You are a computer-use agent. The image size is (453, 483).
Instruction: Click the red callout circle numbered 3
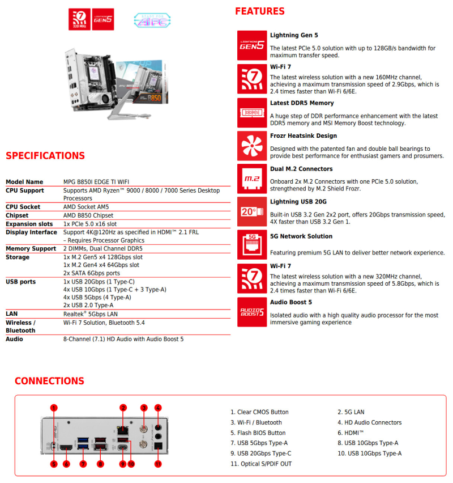(x=144, y=408)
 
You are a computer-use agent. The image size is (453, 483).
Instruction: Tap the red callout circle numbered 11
(x=158, y=464)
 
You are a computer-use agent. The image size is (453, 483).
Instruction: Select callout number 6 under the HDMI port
(x=66, y=464)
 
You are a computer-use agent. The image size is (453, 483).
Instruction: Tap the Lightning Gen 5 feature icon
(x=252, y=45)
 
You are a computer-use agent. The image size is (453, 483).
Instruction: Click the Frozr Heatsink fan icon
(x=252, y=146)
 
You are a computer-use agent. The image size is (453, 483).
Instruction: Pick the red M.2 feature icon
(x=252, y=179)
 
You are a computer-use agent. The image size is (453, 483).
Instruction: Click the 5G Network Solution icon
(x=252, y=244)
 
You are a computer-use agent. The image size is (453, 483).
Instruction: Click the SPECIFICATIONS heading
(x=45, y=156)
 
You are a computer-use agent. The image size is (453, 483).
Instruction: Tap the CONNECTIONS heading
(x=49, y=381)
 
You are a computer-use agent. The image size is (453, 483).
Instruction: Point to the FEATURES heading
(x=260, y=11)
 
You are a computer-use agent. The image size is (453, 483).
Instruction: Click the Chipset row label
(x=17, y=215)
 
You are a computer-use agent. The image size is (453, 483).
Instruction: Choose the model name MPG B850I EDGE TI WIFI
(x=98, y=182)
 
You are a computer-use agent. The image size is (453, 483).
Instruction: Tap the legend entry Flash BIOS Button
(x=258, y=433)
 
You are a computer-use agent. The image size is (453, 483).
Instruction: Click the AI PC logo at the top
(x=152, y=20)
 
